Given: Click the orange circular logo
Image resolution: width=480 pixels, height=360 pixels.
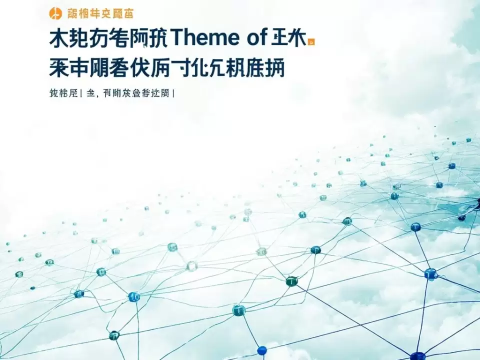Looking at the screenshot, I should click(x=55, y=13).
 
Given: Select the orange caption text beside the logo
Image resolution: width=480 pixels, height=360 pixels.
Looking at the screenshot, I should click(x=97, y=13).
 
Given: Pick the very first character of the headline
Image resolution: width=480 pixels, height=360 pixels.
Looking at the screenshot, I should click(x=59, y=38).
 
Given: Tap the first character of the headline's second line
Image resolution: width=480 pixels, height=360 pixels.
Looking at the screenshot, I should click(x=59, y=67).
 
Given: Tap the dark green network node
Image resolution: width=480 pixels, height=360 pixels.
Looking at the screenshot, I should click(x=291, y=281).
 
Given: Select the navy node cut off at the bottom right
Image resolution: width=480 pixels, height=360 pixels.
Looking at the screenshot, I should click(x=417, y=356).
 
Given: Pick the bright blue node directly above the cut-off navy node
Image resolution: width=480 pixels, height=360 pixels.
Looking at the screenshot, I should click(x=430, y=273).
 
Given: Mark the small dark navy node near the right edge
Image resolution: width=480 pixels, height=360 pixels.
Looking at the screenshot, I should click(x=461, y=217).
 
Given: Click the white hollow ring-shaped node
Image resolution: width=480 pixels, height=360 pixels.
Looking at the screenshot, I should click(x=192, y=266).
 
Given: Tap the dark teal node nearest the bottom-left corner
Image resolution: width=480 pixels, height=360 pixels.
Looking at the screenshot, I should click(x=114, y=335).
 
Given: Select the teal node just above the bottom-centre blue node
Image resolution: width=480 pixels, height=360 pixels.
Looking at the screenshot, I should click(x=239, y=310).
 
